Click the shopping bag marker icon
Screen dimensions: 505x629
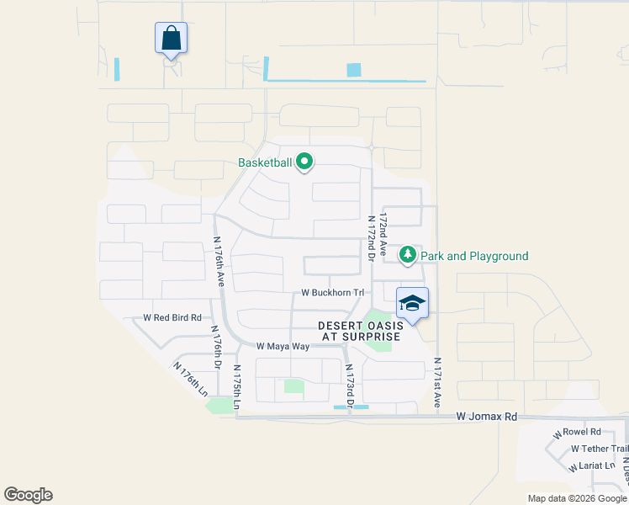[x=171, y=38]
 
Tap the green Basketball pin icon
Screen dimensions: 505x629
[x=304, y=162]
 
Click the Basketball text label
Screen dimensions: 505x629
[x=264, y=162]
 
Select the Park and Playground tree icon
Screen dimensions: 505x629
[x=408, y=254]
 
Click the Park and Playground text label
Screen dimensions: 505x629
[x=474, y=256]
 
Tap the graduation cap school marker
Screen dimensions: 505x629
[x=412, y=303]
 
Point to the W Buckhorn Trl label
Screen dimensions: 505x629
[x=334, y=294]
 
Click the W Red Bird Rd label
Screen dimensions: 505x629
[x=172, y=318]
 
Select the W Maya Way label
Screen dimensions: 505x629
[x=283, y=346]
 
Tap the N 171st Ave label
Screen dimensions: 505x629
[x=437, y=383]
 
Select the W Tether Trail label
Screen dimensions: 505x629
[x=599, y=449]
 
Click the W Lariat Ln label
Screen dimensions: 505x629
[x=593, y=465]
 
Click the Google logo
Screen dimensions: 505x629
[x=28, y=495]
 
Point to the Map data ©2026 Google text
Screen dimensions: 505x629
[x=577, y=498]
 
